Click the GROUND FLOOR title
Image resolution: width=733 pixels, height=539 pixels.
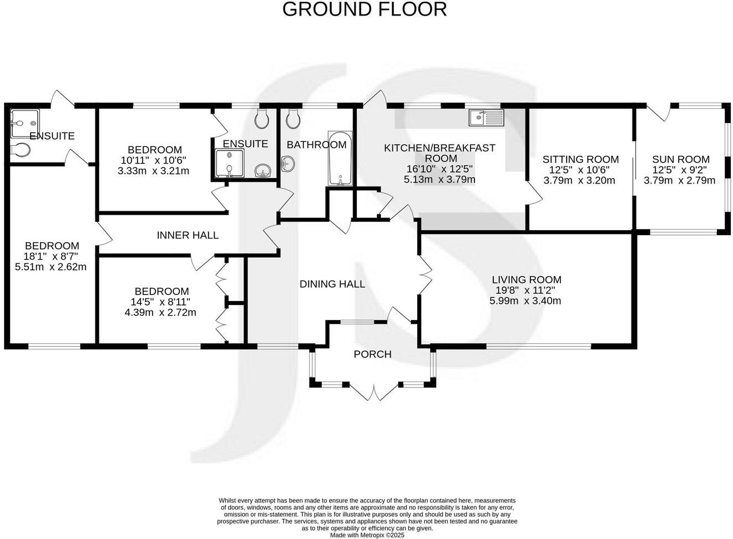pyautogui.click(x=364, y=9)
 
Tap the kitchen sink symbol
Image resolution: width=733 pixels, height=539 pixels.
pyautogui.click(x=486, y=118)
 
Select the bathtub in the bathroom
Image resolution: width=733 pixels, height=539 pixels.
pyautogui.click(x=339, y=159)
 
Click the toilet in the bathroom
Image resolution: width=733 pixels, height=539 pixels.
pyautogui.click(x=293, y=118)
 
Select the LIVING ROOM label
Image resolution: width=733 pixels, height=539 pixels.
pyautogui.click(x=525, y=280)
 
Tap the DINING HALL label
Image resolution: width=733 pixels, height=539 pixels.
pyautogui.click(x=332, y=284)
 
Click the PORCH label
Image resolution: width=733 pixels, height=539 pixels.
pyautogui.click(x=372, y=354)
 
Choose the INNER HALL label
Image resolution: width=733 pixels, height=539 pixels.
pyautogui.click(x=188, y=235)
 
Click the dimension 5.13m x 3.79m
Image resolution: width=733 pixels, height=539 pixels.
pyautogui.click(x=439, y=180)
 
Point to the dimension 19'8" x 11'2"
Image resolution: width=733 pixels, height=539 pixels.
pyautogui.click(x=525, y=291)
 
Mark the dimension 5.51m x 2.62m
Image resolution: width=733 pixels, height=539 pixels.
pyautogui.click(x=51, y=267)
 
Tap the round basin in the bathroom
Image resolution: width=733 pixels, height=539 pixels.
pyautogui.click(x=287, y=163)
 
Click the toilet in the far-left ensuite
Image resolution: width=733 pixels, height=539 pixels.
pyautogui.click(x=20, y=150)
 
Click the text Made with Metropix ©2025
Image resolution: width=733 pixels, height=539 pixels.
pyautogui.click(x=367, y=535)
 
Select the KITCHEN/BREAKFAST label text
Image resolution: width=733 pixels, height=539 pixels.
pyautogui.click(x=439, y=148)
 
